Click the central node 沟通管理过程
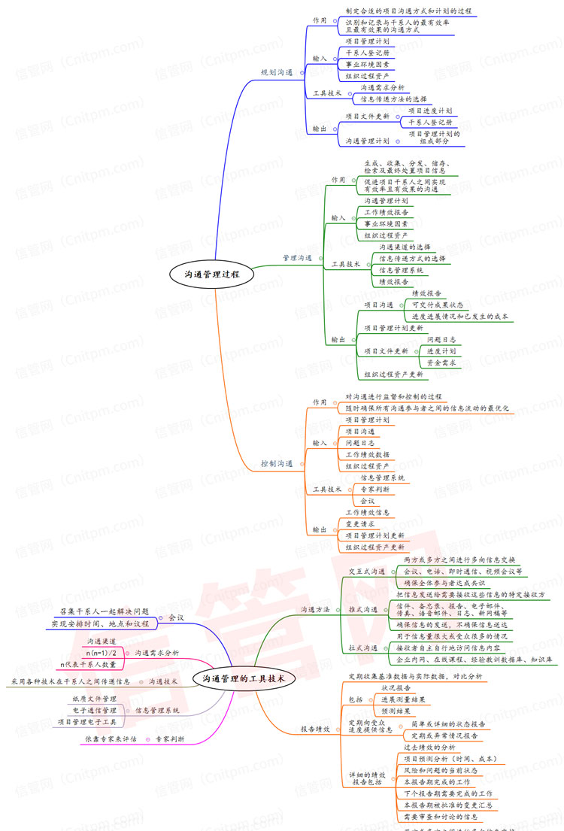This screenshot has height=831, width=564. click(211, 274)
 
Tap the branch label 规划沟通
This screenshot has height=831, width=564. click(277, 72)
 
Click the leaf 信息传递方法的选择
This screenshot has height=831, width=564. click(393, 99)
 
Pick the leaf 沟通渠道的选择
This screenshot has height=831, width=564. click(405, 247)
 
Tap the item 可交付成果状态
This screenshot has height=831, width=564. click(438, 305)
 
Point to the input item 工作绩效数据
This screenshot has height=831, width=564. click(367, 454)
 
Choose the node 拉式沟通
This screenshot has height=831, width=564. click(362, 648)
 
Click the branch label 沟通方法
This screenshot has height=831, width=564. click(315, 609)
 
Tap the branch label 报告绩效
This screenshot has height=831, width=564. click(315, 729)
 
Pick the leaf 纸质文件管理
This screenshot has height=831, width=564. click(94, 699)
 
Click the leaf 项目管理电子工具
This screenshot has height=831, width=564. click(87, 721)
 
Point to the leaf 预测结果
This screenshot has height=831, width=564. click(396, 711)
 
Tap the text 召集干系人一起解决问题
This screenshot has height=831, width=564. click(105, 611)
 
